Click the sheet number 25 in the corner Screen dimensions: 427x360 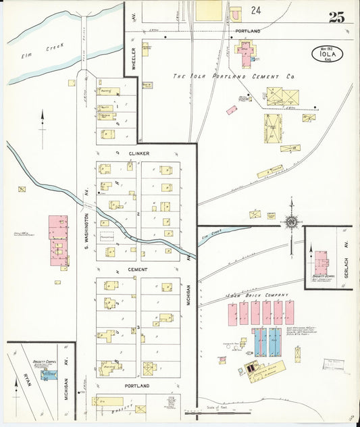tap(336, 17)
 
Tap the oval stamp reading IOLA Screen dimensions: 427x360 tap(327, 54)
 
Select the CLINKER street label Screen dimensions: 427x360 tap(138, 153)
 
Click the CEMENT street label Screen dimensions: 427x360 tap(138, 268)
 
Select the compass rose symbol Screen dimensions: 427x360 tap(291, 222)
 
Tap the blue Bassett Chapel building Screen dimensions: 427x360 tap(49, 374)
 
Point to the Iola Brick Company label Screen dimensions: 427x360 tap(260, 295)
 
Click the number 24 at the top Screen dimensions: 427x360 tap(255, 10)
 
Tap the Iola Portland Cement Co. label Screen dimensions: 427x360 tap(234, 77)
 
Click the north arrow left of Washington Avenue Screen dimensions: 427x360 tap(43, 128)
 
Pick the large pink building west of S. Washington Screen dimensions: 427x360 tap(58, 239)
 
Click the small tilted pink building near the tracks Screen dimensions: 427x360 tap(232, 109)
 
